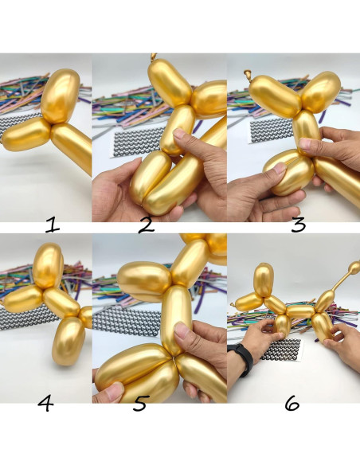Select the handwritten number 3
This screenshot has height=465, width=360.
pos(299,225)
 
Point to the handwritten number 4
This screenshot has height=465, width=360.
pos(45,404)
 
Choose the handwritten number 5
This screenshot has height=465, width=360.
pos(140,404)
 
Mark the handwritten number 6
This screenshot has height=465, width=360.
pos(292,404)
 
